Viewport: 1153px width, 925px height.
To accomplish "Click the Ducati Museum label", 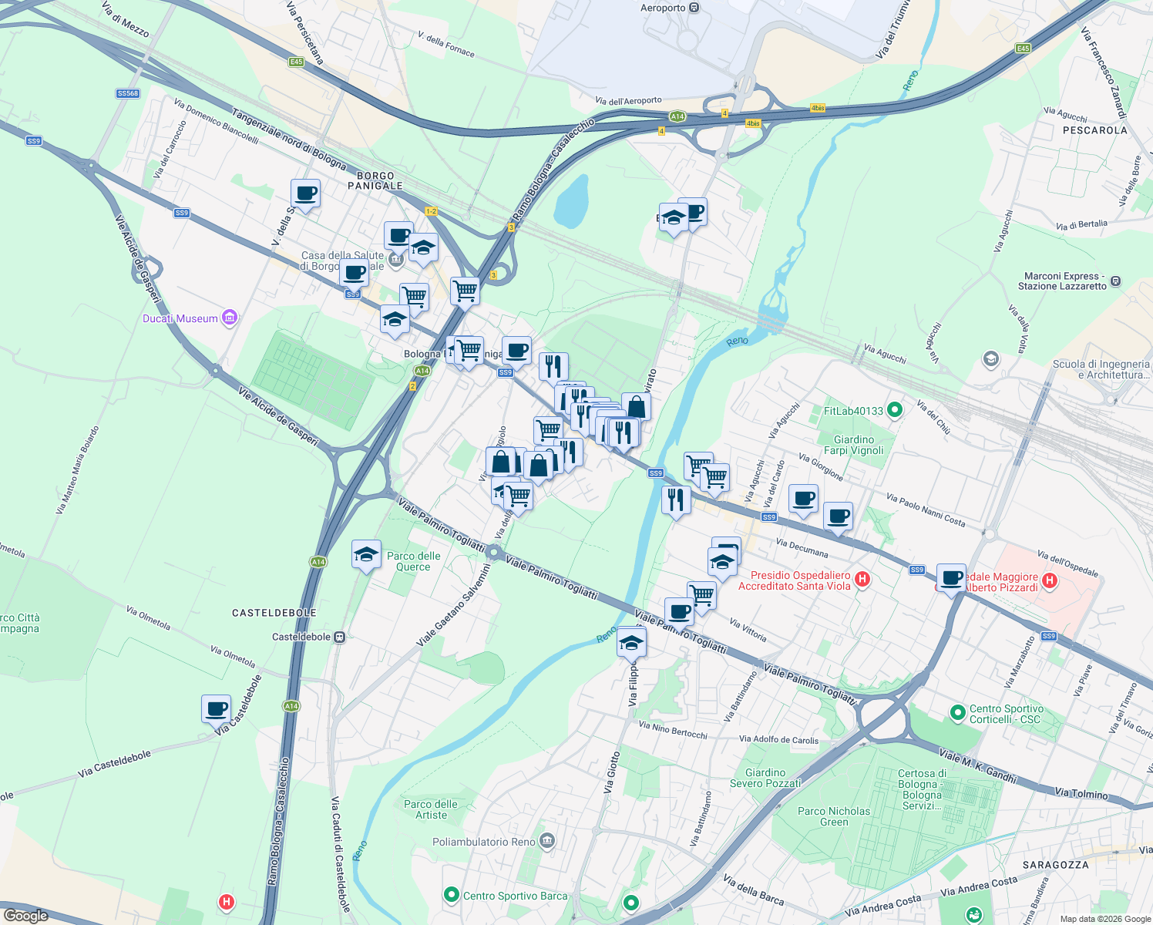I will point(180,318).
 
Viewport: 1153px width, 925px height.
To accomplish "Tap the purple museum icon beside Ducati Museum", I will point(229,318).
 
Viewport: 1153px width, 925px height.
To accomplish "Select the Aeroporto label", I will point(663,8).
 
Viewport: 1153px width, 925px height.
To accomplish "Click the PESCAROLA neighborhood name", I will point(1094,130).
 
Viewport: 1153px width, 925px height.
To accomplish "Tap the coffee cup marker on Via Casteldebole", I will point(217,708).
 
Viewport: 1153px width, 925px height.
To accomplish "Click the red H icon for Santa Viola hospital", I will point(862,579).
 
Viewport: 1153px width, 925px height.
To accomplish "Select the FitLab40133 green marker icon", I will point(894,410).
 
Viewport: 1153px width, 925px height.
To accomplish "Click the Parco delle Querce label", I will point(414,561).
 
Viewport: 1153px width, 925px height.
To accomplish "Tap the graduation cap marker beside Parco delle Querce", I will point(366,554).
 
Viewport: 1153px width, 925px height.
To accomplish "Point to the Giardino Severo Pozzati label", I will point(765,778).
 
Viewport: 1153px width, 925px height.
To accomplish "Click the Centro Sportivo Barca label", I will point(515,896).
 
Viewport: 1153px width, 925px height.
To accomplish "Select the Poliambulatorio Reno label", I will point(483,842).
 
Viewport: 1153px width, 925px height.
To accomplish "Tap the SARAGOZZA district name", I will point(1055,865).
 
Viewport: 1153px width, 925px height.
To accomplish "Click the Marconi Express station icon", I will point(1116,281).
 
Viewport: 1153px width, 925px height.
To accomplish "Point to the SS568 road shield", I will point(128,93).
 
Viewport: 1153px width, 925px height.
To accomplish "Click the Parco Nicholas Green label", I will point(834,816).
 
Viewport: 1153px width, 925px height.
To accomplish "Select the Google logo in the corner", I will point(25,915).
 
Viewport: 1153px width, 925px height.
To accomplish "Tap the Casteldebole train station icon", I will point(339,637).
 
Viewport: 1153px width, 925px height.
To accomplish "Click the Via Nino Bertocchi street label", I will point(673,729).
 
